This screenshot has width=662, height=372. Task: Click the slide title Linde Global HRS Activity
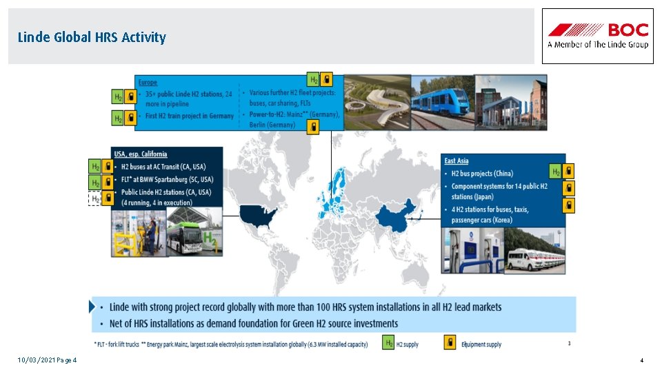point(92,37)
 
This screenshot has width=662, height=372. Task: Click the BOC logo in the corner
point(598,36)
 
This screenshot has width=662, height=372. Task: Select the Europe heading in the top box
point(148,82)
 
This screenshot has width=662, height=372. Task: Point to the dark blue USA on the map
point(258,214)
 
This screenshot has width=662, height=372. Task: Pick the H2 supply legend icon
point(389,343)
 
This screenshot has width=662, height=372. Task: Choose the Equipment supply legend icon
point(450,343)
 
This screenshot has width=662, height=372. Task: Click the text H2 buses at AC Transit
point(163,167)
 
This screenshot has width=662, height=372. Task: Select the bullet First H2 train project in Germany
point(190,116)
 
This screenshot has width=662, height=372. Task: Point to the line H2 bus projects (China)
point(482,174)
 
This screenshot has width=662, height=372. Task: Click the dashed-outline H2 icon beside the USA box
point(96,198)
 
